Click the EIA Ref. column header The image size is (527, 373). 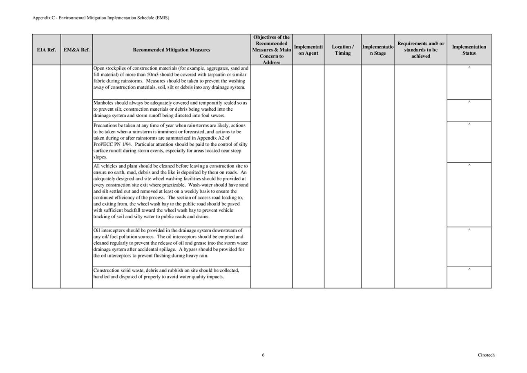[46, 50]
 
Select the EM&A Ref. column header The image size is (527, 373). [76, 50]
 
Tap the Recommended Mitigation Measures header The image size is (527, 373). [172, 50]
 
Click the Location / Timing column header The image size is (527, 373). [342, 50]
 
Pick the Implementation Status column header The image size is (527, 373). [469, 50]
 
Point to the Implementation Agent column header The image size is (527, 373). [308, 50]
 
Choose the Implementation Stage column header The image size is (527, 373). [377, 50]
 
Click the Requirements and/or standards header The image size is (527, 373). [420, 50]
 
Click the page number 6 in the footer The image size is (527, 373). [263, 355]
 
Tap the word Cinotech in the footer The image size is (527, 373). [486, 355]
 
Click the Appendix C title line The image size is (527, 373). [101, 18]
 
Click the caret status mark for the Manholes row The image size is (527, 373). [469, 102]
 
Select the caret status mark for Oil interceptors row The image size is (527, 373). [469, 230]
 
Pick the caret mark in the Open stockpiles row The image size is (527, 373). [469, 68]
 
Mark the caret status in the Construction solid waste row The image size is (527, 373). [469, 270]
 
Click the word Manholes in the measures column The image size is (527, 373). [104, 103]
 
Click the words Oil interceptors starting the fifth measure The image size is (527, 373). [109, 230]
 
